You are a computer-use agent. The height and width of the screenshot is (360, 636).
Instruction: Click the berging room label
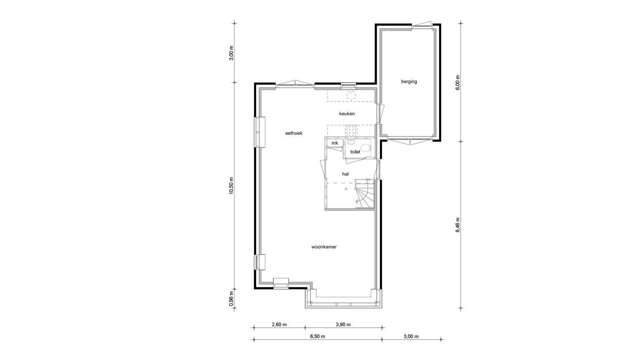pyautogui.click(x=409, y=81)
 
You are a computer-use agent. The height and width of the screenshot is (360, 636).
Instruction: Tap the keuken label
pyautogui.click(x=347, y=114)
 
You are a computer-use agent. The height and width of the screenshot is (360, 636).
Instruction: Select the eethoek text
pyautogui.click(x=294, y=133)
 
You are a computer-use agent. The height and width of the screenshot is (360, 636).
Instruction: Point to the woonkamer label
pyautogui.click(x=324, y=247)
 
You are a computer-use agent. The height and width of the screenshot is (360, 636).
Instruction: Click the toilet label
pyautogui.click(x=355, y=152)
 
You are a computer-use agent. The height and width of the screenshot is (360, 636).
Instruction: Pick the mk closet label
pyautogui.click(x=335, y=143)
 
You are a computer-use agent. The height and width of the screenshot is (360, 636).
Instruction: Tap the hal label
pyautogui.click(x=345, y=174)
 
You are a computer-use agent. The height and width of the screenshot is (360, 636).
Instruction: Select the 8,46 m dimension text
pyautogui.click(x=458, y=225)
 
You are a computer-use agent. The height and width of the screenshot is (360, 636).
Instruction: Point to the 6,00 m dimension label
pyautogui.click(x=458, y=83)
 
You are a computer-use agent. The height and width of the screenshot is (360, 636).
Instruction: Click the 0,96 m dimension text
pyautogui.click(x=231, y=298)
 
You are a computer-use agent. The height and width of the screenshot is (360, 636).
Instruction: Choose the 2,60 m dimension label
pyautogui.click(x=279, y=325)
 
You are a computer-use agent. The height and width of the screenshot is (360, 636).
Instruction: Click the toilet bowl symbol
pyautogui.click(x=365, y=148)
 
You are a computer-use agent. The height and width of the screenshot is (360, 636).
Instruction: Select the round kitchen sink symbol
pyautogui.click(x=351, y=95)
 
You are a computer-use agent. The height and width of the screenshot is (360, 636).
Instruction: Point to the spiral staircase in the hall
pyautogui.click(x=365, y=194)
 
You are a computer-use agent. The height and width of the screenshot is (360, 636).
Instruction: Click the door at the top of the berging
pyautogui.click(x=421, y=25)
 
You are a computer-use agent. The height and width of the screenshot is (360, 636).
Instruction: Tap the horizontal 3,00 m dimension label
pyautogui.click(x=411, y=336)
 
